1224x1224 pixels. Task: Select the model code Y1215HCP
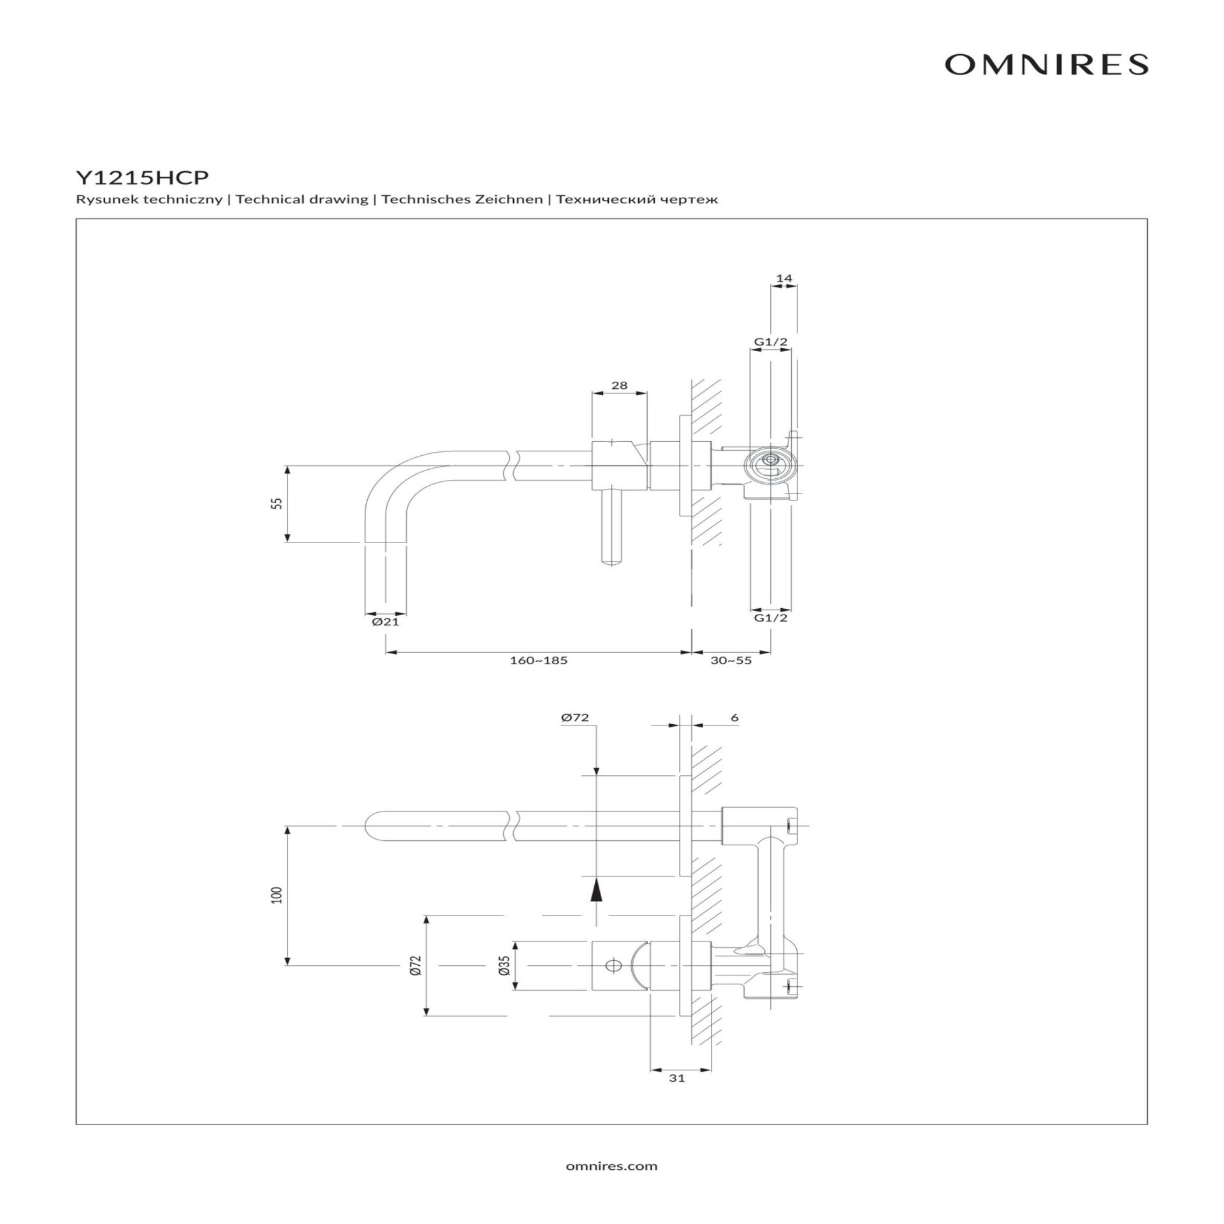tap(142, 176)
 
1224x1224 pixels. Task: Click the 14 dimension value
tap(784, 279)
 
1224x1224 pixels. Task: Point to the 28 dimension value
tap(619, 385)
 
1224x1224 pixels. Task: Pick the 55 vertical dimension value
tap(276, 503)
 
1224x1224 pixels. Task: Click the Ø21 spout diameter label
tap(386, 622)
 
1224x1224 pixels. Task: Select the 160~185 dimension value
tap(538, 660)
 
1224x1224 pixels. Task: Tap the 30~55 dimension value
tap(731, 660)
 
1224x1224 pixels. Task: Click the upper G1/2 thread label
tap(771, 342)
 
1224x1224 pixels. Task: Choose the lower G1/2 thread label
tap(771, 618)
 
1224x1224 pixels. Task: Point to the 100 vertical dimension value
tap(276, 896)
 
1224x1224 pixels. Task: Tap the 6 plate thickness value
tap(734, 718)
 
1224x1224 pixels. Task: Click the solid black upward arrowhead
tap(595, 889)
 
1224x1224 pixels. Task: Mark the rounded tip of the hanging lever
tap(613, 561)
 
